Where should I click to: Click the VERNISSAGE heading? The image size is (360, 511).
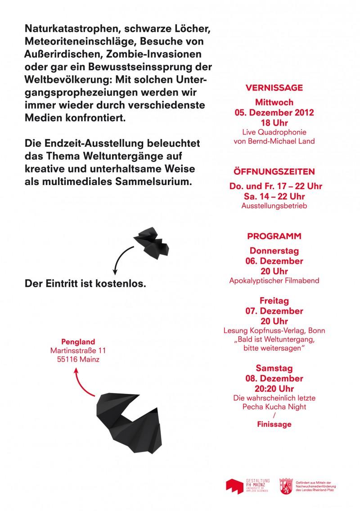(274, 88)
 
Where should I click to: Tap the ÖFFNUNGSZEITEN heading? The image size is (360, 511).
(274, 172)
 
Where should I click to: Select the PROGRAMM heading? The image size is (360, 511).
(274, 236)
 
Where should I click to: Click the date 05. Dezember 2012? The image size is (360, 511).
(274, 113)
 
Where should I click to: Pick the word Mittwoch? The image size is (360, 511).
(274, 102)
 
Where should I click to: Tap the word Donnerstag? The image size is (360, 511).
(274, 251)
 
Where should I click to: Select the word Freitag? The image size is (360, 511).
(274, 301)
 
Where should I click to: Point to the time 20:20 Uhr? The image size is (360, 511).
(274, 388)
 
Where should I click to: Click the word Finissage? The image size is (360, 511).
(274, 424)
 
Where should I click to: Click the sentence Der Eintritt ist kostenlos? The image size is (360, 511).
(85, 285)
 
